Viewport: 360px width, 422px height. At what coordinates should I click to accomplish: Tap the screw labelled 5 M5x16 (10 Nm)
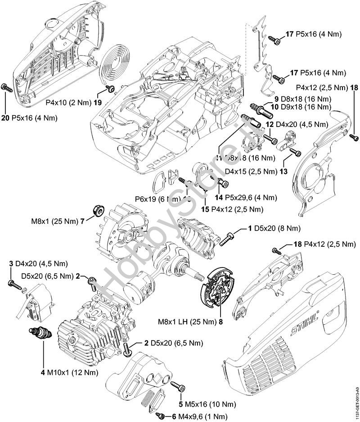point(177,386)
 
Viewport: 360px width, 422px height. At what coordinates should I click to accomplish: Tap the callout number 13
point(283,171)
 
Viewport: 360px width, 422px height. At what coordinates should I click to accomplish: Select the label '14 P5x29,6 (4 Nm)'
point(245,197)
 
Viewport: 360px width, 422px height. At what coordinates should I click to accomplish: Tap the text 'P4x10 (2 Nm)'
point(69,102)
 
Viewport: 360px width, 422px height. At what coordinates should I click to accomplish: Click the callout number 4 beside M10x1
point(43,372)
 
